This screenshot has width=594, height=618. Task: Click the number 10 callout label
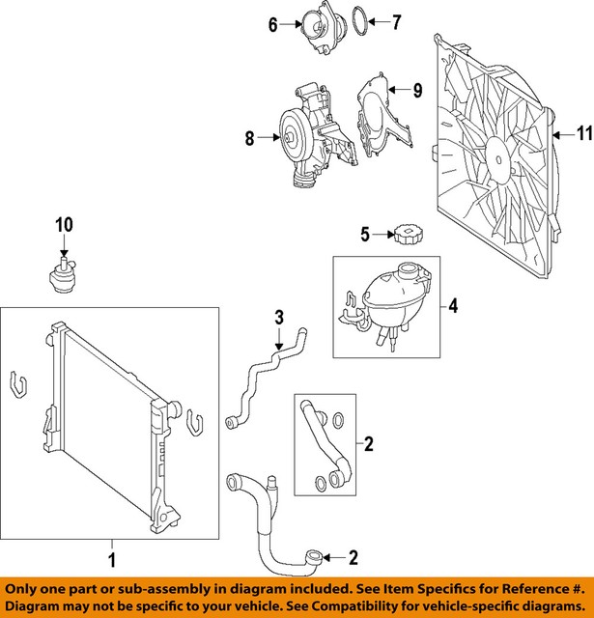64,225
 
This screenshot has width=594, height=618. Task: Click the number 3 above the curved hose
278,317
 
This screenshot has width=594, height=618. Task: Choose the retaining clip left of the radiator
16,385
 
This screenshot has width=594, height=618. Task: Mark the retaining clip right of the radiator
195,423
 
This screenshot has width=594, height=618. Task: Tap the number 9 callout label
417,91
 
